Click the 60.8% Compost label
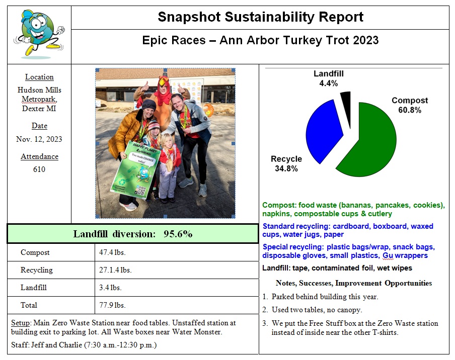click(x=410, y=105)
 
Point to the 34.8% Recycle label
click(x=286, y=164)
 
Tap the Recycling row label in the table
click(x=37, y=270)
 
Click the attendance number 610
click(x=39, y=169)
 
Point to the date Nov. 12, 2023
click(x=39, y=139)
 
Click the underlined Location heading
click(x=39, y=77)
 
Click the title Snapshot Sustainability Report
click(x=260, y=17)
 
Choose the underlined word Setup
click(x=20, y=323)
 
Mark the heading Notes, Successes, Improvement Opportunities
click(x=353, y=283)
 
